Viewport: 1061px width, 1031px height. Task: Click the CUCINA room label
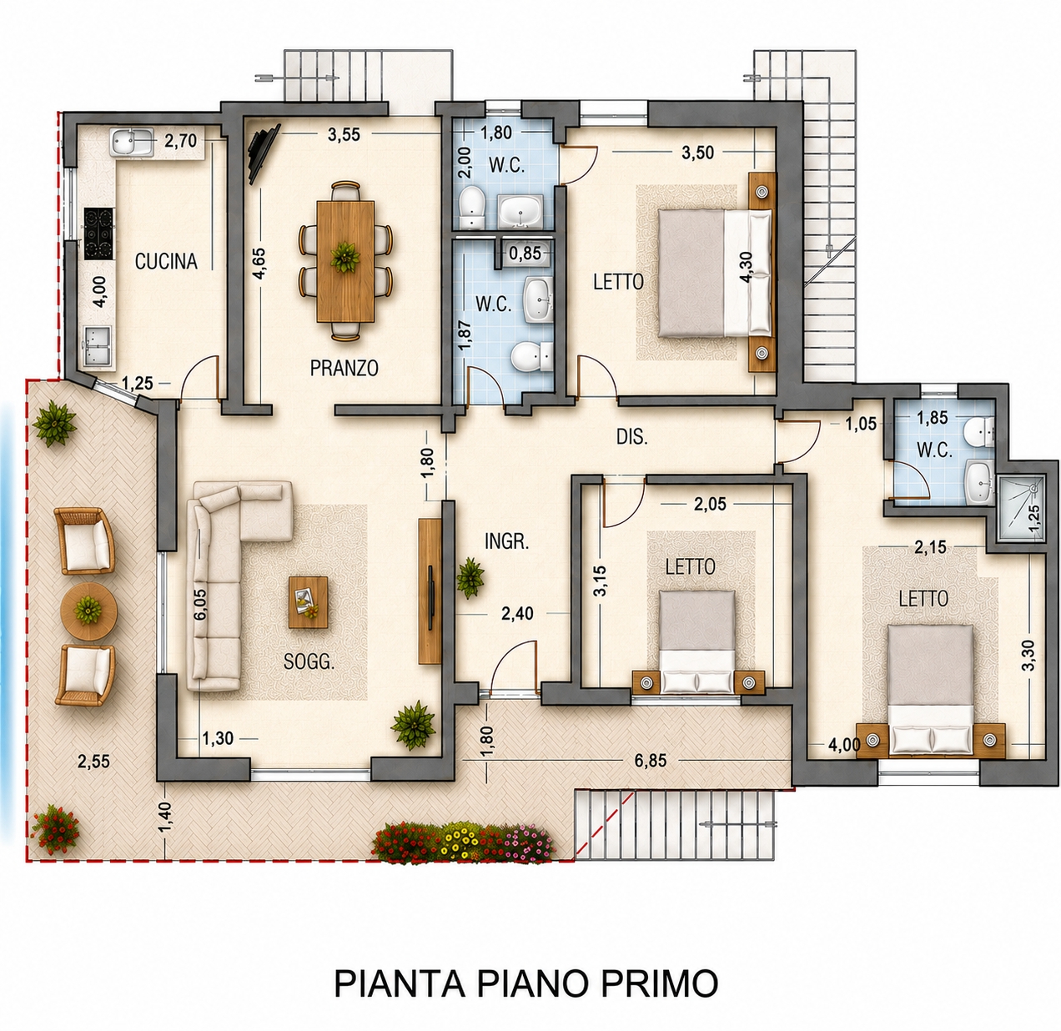click(x=166, y=262)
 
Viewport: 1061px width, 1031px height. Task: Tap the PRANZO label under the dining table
click(x=344, y=368)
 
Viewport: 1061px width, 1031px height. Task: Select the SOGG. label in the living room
click(x=309, y=661)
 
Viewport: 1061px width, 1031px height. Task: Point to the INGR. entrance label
click(x=507, y=541)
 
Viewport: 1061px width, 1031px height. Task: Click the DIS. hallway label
click(x=632, y=437)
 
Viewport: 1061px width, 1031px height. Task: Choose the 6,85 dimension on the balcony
click(x=651, y=760)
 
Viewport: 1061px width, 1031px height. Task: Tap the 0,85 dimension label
click(x=525, y=253)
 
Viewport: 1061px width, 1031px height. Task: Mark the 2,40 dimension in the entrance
click(x=517, y=613)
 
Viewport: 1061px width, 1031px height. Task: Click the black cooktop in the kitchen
click(x=99, y=233)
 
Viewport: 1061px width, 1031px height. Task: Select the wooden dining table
click(x=345, y=261)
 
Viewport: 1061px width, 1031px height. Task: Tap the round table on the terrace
click(x=88, y=611)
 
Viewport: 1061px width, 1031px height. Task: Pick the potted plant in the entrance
click(x=470, y=578)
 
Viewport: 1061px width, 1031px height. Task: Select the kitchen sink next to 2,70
click(x=132, y=143)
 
